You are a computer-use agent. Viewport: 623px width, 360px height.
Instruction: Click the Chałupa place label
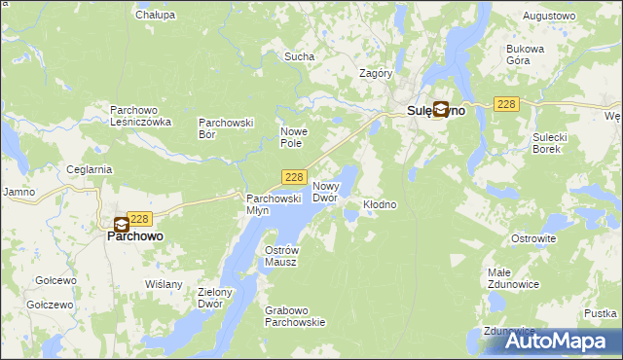coord(156,15)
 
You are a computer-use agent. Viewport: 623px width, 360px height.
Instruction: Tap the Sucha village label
coord(299,56)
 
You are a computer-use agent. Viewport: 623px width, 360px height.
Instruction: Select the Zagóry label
coord(376,73)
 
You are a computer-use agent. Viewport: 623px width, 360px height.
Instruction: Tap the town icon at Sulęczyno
coord(441,110)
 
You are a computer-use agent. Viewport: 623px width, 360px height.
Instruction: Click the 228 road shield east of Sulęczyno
coord(505,104)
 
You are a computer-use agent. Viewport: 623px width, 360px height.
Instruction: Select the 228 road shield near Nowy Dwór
coord(296,177)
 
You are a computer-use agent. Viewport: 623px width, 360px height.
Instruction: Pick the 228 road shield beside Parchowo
coord(140,220)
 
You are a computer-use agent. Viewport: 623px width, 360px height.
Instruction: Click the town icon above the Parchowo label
coord(122,224)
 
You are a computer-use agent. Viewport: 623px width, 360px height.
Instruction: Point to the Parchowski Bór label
coord(226,128)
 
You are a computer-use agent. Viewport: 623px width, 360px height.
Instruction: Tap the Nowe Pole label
coord(294,137)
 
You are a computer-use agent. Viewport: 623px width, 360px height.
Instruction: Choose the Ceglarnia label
coord(91,169)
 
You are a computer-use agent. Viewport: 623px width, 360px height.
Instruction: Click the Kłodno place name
coord(380,205)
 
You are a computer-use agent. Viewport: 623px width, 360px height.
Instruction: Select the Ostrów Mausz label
coord(280,256)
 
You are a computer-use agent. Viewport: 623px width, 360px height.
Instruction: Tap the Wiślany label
coord(164,284)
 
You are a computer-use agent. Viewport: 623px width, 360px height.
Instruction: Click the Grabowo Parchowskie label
coord(295,316)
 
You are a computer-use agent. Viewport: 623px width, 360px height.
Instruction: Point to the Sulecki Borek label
coord(549,143)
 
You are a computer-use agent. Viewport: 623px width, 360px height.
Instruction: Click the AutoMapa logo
coord(550,341)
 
